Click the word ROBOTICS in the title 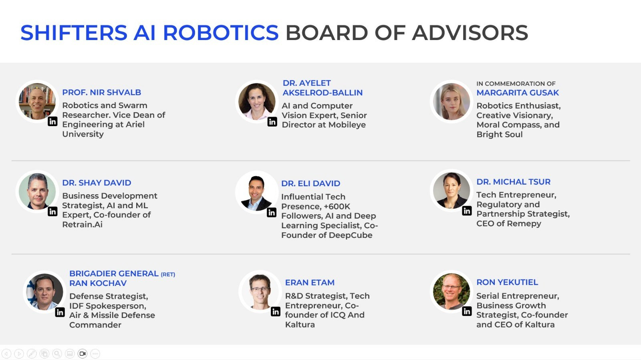pyautogui.click(x=221, y=32)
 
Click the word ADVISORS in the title pyautogui.click(x=470, y=32)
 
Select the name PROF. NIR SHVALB pyautogui.click(x=102, y=93)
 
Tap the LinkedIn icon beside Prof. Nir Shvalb pyautogui.click(x=52, y=121)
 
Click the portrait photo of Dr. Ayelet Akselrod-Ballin pyautogui.click(x=257, y=101)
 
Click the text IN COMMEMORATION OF pyautogui.click(x=516, y=84)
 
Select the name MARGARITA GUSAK pyautogui.click(x=517, y=93)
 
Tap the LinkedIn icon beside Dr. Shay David pyautogui.click(x=52, y=211)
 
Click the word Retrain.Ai pyautogui.click(x=83, y=225)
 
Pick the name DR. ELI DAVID pyautogui.click(x=310, y=183)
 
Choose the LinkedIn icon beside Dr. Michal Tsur pyautogui.click(x=467, y=211)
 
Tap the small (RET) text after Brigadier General pyautogui.click(x=168, y=274)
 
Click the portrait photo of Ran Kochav pyautogui.click(x=44, y=292)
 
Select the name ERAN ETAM pyautogui.click(x=310, y=282)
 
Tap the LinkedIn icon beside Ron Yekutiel pyautogui.click(x=467, y=311)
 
